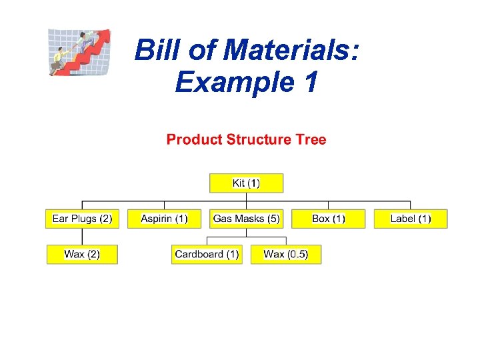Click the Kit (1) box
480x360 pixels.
pos(246,183)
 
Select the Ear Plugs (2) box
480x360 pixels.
pos(82,219)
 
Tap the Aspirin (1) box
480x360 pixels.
pos(165,219)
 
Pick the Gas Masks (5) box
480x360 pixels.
pos(246,219)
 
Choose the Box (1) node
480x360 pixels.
pos(329,219)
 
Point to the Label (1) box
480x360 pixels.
pos(411,219)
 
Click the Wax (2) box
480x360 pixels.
pos(82,254)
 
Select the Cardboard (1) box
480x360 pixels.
pos(207,254)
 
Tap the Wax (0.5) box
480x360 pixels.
pos(285,254)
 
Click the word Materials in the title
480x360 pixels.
pos(291,51)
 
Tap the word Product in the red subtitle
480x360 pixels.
pos(194,139)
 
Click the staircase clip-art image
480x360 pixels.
pos(79,52)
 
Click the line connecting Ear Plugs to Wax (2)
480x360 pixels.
pos(82,237)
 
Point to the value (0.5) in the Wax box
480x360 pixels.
pos(297,254)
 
